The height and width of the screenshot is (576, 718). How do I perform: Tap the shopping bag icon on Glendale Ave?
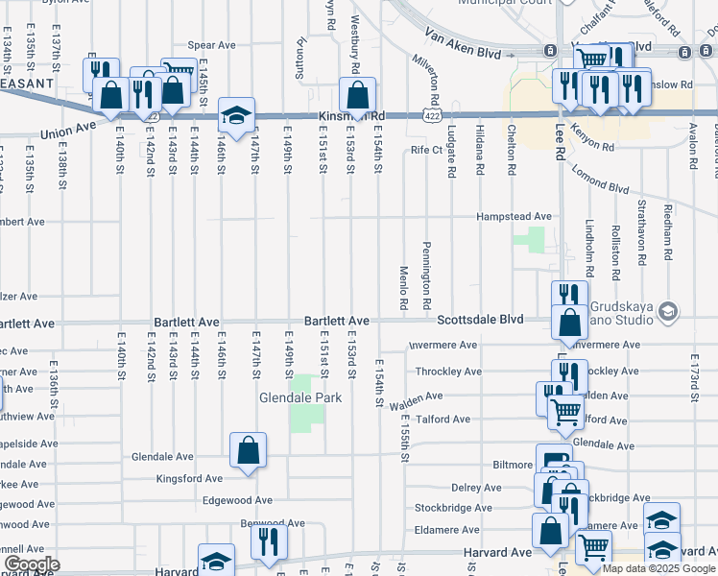(248, 450)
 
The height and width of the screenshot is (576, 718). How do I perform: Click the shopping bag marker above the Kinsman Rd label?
(357, 95)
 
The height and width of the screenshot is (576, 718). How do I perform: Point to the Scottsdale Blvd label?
(480, 320)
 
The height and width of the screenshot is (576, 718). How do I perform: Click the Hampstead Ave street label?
(515, 217)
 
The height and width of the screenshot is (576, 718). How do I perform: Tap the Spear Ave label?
(211, 44)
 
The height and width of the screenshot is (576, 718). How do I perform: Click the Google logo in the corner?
(31, 564)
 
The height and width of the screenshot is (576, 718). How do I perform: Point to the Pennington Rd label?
(425, 274)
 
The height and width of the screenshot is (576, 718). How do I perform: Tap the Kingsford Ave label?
(189, 478)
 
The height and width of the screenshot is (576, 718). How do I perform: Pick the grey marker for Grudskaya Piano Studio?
(669, 311)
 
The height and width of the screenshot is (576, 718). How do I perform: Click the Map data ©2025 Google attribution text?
(658, 568)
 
